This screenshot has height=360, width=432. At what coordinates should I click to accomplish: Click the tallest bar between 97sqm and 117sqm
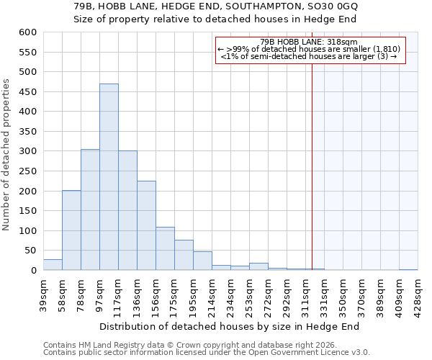[x=109, y=177]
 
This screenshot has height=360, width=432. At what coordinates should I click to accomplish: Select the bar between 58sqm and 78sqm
[x=71, y=230]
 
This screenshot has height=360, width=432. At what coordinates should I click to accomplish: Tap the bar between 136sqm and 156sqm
[x=146, y=225]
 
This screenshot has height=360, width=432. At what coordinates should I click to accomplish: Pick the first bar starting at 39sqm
[x=53, y=265]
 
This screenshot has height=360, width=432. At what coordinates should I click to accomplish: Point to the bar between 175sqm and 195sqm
[x=184, y=255]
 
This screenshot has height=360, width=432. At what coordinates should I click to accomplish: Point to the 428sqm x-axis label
[x=418, y=292]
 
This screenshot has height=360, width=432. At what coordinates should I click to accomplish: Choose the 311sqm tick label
[x=306, y=292]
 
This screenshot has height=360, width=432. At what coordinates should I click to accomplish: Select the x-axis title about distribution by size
[x=229, y=326]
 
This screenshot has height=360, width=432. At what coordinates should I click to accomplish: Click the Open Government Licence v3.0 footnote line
[x=206, y=353]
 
